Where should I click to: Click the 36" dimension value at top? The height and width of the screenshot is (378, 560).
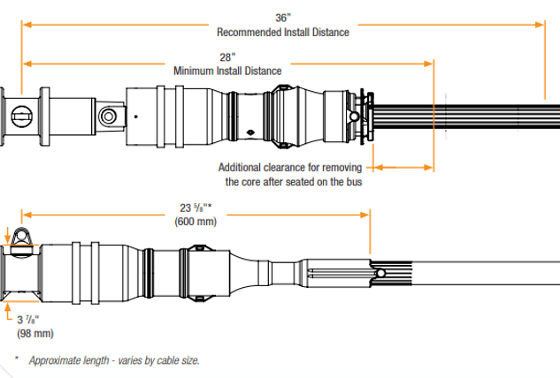tap(282, 16)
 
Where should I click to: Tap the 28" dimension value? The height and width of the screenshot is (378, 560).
tap(227, 55)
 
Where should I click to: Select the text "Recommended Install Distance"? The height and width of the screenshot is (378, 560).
tap(282, 32)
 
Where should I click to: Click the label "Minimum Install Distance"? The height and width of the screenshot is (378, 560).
tap(227, 70)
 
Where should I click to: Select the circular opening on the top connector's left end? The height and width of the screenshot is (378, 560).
tap(24, 116)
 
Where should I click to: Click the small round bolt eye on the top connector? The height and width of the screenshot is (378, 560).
tap(108, 115)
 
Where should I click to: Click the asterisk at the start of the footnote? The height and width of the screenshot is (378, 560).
tap(16, 360)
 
